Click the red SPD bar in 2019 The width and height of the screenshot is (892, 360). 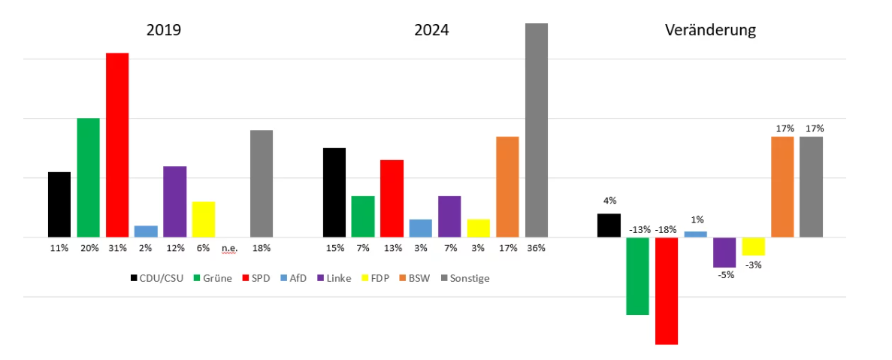tap(117, 145)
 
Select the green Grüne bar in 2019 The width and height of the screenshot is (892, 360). tap(88, 177)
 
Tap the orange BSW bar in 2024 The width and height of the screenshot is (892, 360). tap(507, 186)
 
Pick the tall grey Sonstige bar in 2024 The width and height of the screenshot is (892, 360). tap(536, 130)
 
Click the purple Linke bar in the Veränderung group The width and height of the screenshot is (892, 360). tap(724, 252)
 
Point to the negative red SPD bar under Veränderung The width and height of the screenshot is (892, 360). tap(667, 290)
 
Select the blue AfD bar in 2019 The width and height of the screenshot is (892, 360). tap(146, 231)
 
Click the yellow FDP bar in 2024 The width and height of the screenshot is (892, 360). tap(478, 228)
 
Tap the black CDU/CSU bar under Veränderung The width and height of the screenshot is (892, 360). tap(609, 225)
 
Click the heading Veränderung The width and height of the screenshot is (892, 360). tap(710, 31)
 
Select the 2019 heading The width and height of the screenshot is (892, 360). tap(164, 31)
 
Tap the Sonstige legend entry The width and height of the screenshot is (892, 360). tap(467, 278)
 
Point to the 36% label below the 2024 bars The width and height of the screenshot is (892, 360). tap(537, 248)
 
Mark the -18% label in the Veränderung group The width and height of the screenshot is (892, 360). tap(667, 229)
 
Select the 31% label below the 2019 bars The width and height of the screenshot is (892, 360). tap(116, 248)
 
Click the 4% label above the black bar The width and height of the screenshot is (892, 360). tap(609, 201)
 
